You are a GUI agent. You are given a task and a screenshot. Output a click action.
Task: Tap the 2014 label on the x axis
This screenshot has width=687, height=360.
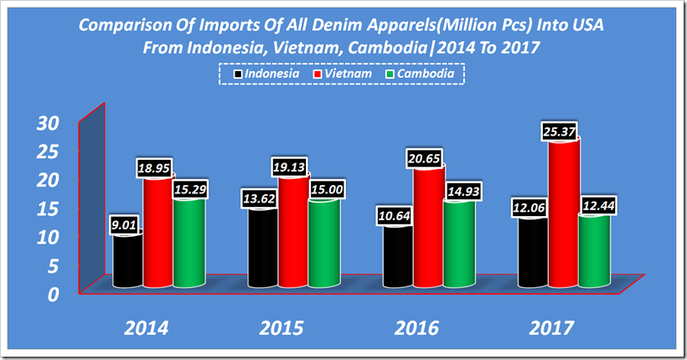[146, 327]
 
